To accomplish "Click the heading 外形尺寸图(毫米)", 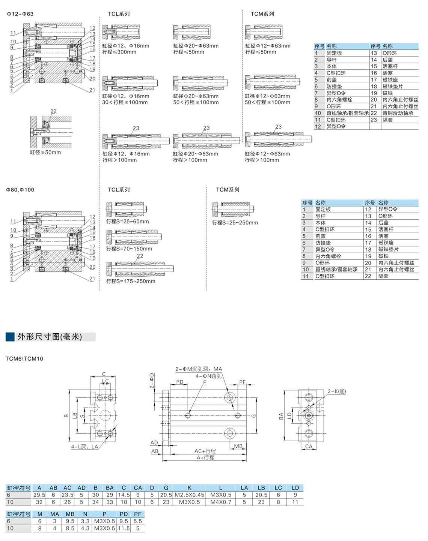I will click(x=50, y=337).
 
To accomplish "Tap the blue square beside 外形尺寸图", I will click(x=10, y=337).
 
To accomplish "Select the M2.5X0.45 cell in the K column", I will click(x=189, y=495).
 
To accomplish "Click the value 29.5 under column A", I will click(x=39, y=495).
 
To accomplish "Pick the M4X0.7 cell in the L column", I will click(x=221, y=502).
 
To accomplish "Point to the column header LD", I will click(x=295, y=488).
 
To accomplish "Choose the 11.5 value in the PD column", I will click(x=124, y=528).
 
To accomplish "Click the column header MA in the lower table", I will click(x=55, y=514).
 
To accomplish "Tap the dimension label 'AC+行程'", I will click(x=205, y=451).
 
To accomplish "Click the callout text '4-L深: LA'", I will click(x=84, y=447).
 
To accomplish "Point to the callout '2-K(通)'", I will click(x=336, y=391).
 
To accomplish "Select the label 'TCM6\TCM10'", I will click(x=24, y=359).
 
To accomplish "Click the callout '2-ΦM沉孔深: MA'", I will click(x=199, y=369).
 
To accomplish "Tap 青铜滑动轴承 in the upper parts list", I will click(x=398, y=113).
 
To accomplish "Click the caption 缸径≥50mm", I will click(x=45, y=153).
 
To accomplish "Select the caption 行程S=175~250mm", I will click(x=131, y=281).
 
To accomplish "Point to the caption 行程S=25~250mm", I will click(x=235, y=223).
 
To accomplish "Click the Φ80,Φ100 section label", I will click(x=20, y=190).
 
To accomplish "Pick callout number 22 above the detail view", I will click(x=54, y=111).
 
